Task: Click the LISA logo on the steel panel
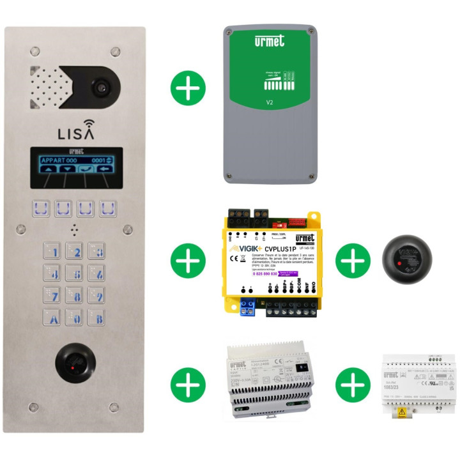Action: [x=76, y=134]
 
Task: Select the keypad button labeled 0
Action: [x=75, y=318]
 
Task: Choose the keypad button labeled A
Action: [x=52, y=318]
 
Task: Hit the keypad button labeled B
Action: [x=97, y=318]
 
